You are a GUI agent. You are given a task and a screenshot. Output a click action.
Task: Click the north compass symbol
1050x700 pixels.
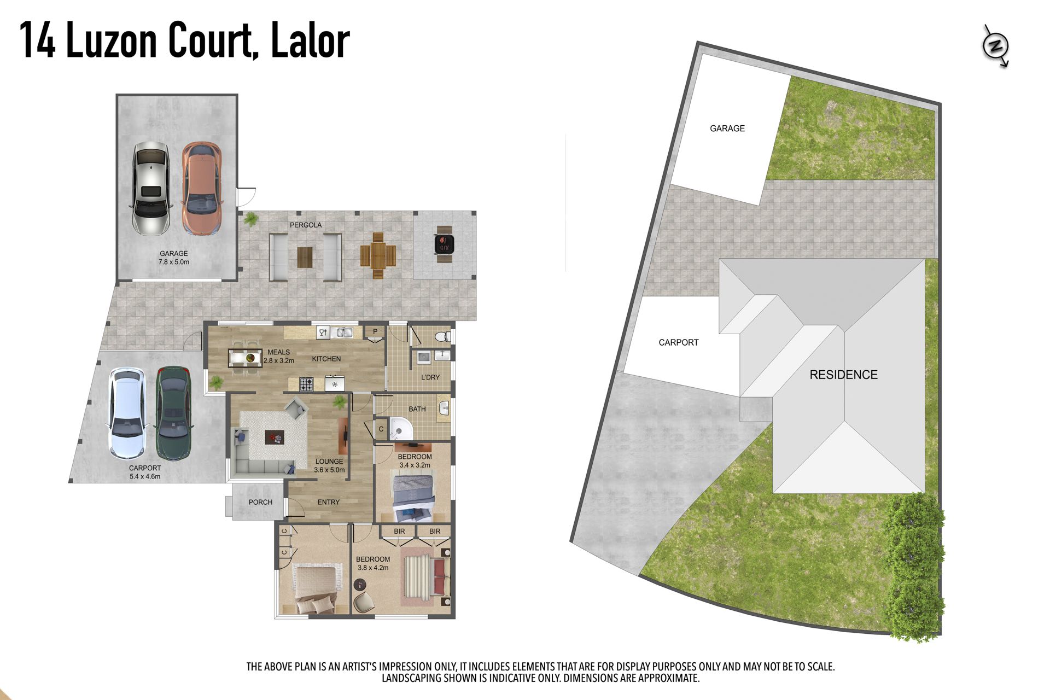pos(995,46)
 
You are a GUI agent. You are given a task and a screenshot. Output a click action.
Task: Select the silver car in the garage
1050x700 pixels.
pos(150,188)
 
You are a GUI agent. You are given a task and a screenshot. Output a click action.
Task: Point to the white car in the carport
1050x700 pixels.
pos(127,413)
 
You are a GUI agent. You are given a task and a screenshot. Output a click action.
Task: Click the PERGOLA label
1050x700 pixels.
pos(306,225)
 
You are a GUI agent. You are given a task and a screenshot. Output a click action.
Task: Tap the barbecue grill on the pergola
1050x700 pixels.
pos(444,244)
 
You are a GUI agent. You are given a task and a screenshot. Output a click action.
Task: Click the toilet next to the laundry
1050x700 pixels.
pos(442,336)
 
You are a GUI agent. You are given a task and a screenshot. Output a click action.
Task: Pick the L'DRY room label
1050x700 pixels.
pos(430,377)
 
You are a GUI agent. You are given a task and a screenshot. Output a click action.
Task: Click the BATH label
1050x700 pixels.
pos(417,409)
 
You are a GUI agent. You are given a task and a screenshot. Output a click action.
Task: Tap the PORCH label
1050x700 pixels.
pos(260,502)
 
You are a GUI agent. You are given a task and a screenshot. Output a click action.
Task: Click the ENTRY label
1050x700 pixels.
pos(329,502)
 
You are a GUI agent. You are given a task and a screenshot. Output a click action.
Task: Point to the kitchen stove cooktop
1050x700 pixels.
pos(306,384)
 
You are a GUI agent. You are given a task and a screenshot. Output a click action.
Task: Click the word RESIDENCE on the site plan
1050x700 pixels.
pos(843,375)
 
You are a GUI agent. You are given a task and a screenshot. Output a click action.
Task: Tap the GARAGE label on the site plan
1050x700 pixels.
pos(727,129)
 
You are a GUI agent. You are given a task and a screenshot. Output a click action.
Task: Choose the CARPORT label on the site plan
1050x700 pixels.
pos(679,342)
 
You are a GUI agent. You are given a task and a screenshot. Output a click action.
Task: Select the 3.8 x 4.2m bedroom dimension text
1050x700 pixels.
pos(373,568)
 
